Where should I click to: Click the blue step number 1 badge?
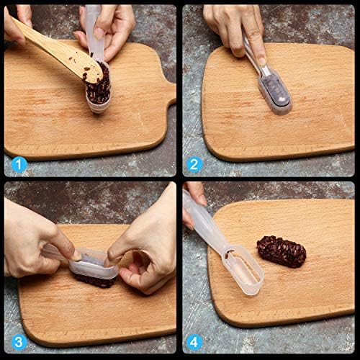[x=19, y=165]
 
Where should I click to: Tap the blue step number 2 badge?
[x=194, y=165]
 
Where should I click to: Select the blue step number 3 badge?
[x=19, y=343]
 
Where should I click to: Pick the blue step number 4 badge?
[x=194, y=343]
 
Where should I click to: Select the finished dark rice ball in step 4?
[x=282, y=251]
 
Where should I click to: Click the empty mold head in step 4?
[x=243, y=269]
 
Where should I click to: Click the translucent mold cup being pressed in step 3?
[x=94, y=265]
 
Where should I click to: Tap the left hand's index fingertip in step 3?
[x=76, y=256]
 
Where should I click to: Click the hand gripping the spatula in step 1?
[x=17, y=23]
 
